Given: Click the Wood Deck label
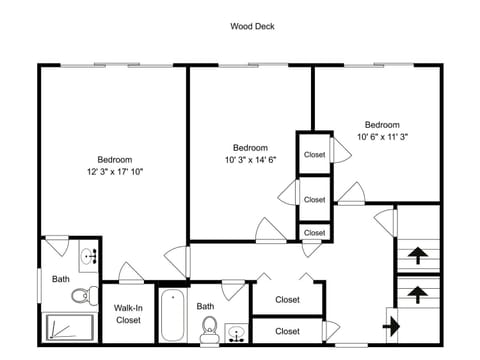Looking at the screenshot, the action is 252,26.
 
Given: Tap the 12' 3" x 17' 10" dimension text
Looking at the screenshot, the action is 115,172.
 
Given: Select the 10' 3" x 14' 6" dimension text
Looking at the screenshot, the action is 251,160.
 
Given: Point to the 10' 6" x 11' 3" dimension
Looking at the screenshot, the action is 383,137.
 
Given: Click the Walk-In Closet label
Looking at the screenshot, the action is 128,314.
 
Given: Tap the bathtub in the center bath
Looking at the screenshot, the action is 172,315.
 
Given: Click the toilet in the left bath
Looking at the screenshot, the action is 85,295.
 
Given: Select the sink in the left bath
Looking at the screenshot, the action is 89,256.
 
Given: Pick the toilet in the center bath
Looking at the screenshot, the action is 209,329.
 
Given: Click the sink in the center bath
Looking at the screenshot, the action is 236,333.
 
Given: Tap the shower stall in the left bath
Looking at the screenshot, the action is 70,327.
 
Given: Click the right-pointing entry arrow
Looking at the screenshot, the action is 391,326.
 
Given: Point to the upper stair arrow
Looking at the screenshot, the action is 418,255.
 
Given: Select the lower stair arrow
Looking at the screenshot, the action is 418,295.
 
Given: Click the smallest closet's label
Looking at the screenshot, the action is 314,233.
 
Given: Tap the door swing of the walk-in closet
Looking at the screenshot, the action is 131,272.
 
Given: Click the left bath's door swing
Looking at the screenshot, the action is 58,246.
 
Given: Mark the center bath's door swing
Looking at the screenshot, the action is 233,291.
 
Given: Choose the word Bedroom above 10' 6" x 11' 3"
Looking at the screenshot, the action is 382,125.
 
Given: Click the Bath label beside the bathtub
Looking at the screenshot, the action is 205,306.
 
